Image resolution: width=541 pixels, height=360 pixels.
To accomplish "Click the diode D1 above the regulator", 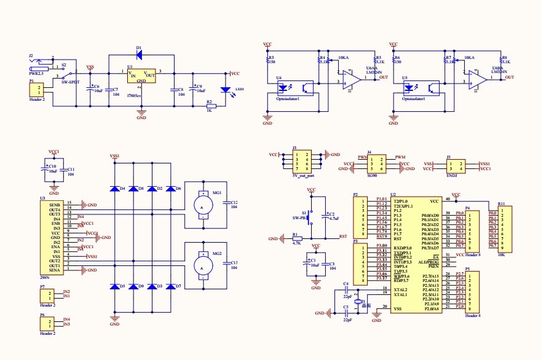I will click(138, 55).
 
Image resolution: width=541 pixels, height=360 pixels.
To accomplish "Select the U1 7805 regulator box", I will click(141, 76).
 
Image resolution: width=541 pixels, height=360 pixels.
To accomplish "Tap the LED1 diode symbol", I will click(225, 90).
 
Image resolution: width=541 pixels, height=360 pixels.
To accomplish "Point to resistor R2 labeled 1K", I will click(210, 106).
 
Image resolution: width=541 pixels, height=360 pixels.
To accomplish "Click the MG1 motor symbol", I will click(201, 203).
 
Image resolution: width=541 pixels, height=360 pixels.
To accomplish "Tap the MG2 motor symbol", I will click(201, 265).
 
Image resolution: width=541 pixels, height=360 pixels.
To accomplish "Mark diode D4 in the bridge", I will click(114, 189).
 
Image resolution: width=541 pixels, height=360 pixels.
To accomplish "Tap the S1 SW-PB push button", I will click(311, 216).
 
